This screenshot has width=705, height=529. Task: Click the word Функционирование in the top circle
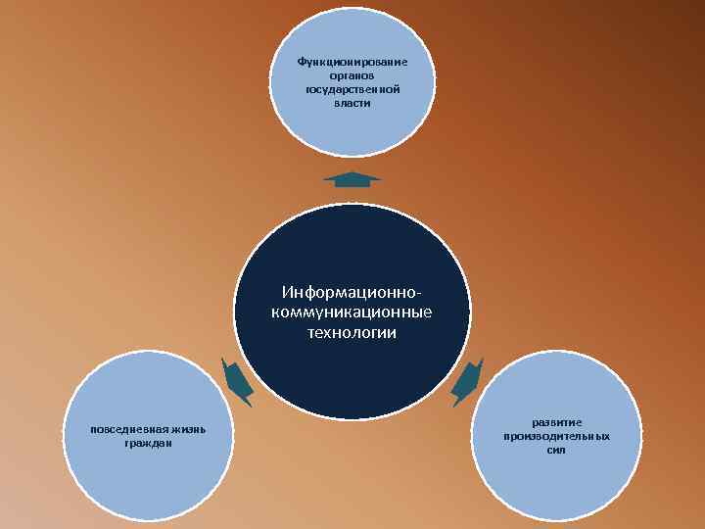click(352, 62)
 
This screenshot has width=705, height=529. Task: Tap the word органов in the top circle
click(352, 75)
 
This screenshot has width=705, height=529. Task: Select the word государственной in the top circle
click(352, 89)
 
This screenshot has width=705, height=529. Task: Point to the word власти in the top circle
click(352, 103)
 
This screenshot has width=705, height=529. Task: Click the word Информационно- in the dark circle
click(352, 293)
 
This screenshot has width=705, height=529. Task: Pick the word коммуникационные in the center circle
click(352, 313)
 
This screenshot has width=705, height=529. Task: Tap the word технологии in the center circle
click(352, 333)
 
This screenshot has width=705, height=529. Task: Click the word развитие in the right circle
click(556, 422)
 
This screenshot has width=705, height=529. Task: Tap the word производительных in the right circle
click(556, 436)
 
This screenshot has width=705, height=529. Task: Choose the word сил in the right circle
click(556, 450)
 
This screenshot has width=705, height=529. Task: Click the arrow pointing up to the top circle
click(352, 178)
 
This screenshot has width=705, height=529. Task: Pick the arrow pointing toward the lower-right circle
click(467, 381)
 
